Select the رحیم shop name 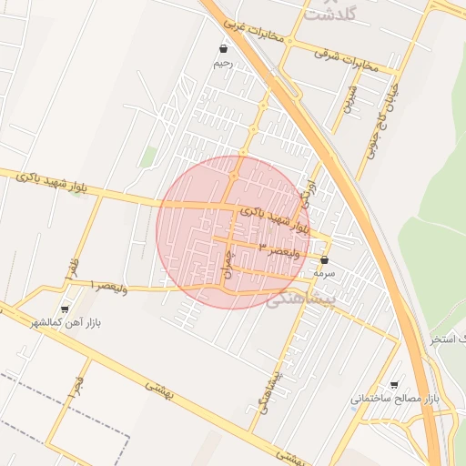click(223, 64)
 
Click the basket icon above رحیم click(224, 48)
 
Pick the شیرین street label click(349, 99)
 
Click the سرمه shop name click(324, 272)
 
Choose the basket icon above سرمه click(325, 259)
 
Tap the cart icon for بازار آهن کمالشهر click(64, 309)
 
